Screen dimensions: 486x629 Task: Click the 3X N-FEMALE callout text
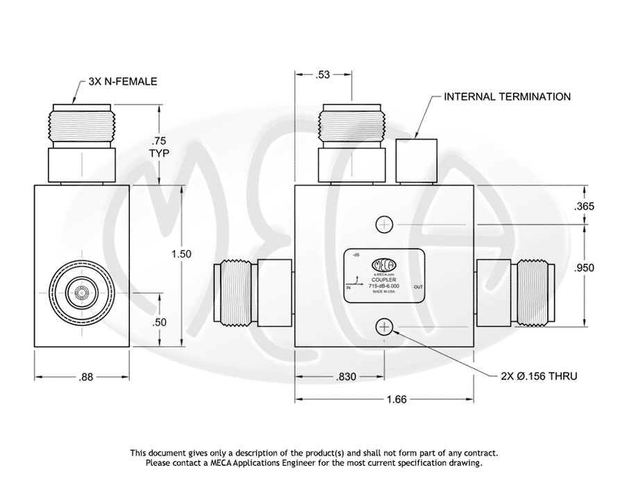(123, 82)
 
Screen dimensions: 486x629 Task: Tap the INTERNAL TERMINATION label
(507, 97)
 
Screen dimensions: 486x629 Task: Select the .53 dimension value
(323, 74)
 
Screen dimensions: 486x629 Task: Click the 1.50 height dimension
(182, 254)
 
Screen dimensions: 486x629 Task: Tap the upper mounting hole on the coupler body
(385, 224)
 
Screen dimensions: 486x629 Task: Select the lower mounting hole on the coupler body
(385, 327)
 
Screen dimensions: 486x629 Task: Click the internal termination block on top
(417, 159)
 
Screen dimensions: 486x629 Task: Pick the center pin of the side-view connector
(82, 294)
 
